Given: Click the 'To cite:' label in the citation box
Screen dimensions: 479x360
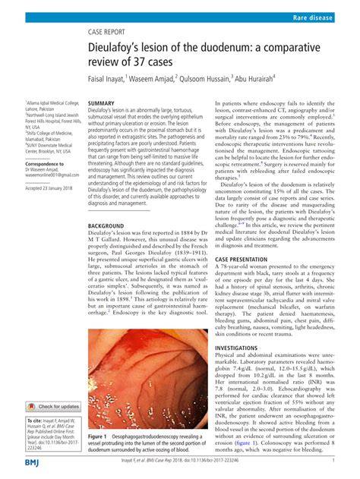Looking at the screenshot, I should (x=35, y=419).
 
